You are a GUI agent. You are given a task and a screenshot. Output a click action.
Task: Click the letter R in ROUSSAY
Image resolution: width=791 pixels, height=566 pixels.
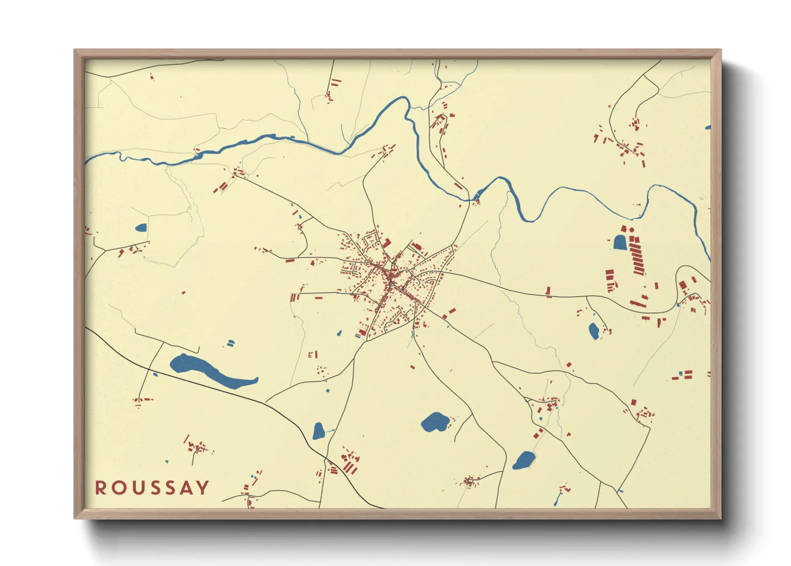pyautogui.click(x=100, y=488)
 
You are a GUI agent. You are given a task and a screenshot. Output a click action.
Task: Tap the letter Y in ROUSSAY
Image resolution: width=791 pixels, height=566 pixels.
pyautogui.click(x=203, y=488)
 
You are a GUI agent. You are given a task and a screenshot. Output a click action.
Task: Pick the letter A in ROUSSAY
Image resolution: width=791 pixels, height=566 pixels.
pyautogui.click(x=186, y=488)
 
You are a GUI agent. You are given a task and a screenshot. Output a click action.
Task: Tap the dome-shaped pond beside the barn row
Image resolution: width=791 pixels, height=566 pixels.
pyautogui.click(x=620, y=242)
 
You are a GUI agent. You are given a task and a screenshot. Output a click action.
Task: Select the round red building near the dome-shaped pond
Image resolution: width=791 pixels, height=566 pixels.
pyautogui.click(x=632, y=230)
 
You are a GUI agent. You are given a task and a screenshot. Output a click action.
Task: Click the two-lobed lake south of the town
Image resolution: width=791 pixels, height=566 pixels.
pyautogui.click(x=434, y=422)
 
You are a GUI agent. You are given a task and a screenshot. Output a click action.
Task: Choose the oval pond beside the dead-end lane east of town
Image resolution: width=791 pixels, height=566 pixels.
pyautogui.click(x=594, y=331)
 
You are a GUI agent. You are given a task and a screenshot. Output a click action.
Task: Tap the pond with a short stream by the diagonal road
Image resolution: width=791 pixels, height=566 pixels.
pyautogui.click(x=319, y=431)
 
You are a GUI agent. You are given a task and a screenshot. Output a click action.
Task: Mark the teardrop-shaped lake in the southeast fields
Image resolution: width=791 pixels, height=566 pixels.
pyautogui.click(x=524, y=460)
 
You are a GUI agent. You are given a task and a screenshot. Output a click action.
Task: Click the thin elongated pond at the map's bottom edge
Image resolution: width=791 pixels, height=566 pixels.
pyautogui.click(x=557, y=499)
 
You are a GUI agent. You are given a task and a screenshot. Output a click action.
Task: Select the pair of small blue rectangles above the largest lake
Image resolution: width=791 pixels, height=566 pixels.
pyautogui.click(x=230, y=343)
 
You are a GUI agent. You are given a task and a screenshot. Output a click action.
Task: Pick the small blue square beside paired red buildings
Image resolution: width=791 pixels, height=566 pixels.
pyautogui.click(x=680, y=372)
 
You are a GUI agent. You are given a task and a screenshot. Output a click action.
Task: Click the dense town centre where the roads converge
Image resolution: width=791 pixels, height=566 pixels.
pyautogui.click(x=390, y=278)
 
